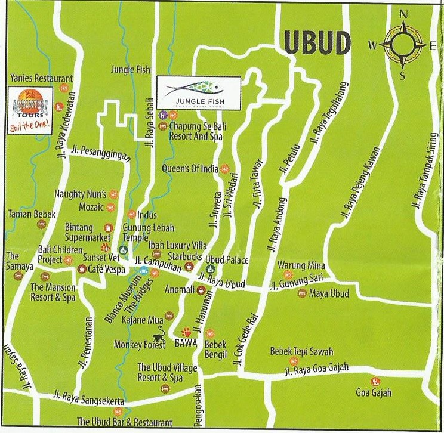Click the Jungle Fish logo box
(199, 93)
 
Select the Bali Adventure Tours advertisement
(29, 111)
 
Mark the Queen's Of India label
(190, 169)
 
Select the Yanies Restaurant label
(42, 78)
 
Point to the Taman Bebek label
(32, 214)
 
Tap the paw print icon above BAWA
(186, 332)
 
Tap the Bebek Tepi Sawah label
(301, 352)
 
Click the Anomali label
(180, 290)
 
